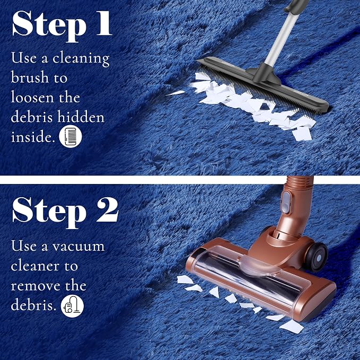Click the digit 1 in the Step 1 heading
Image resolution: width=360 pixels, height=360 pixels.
pyautogui.click(x=103, y=23)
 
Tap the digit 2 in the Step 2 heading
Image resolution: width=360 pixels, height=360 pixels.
pyautogui.click(x=107, y=210)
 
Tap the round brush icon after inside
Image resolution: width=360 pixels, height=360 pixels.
pyautogui.click(x=71, y=136)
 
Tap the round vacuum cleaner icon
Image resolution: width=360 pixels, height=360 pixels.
pyautogui.click(x=72, y=306)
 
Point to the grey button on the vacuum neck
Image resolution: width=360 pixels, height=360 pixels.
pyautogui.click(x=286, y=202)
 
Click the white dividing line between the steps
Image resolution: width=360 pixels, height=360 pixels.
pyautogui.click(x=180, y=180)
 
